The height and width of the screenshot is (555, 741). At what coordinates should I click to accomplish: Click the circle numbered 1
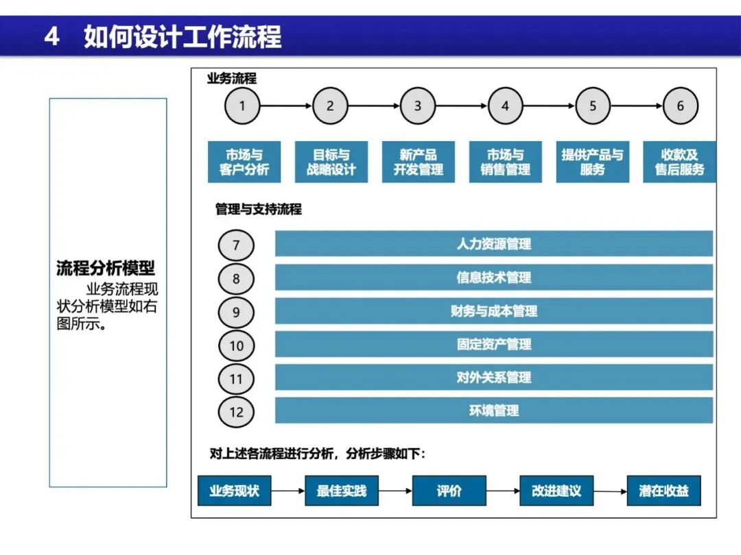pyautogui.click(x=242, y=106)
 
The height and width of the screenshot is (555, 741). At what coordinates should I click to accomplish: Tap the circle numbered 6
pyautogui.click(x=681, y=106)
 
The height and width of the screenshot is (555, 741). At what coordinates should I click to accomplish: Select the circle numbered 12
pyautogui.click(x=236, y=412)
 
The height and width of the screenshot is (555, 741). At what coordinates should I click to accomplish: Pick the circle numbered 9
pyautogui.click(x=236, y=312)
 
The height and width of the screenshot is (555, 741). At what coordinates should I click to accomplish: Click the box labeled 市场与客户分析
pyautogui.click(x=244, y=162)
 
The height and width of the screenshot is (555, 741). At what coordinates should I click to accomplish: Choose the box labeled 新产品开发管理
pyautogui.click(x=418, y=162)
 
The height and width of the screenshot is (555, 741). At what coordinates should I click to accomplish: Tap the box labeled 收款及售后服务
pyautogui.click(x=679, y=162)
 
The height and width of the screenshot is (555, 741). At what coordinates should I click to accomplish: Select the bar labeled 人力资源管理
pyautogui.click(x=494, y=244)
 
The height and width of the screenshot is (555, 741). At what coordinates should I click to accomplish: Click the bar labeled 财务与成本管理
pyautogui.click(x=494, y=311)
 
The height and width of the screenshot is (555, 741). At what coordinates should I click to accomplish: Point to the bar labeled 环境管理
pyautogui.click(x=494, y=411)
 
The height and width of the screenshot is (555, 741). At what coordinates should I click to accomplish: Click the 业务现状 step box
pyautogui.click(x=234, y=491)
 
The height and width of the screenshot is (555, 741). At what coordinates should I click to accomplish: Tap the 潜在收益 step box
pyautogui.click(x=663, y=491)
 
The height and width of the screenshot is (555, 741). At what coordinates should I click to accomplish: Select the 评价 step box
pyautogui.click(x=449, y=491)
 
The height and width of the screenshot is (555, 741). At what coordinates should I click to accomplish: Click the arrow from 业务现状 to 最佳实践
pyautogui.click(x=287, y=491)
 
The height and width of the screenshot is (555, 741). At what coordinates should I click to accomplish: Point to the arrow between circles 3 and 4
pyautogui.click(x=462, y=106)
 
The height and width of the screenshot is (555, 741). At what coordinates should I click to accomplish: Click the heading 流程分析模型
pyautogui.click(x=105, y=268)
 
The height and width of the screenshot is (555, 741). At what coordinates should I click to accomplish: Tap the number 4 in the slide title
pyautogui.click(x=51, y=36)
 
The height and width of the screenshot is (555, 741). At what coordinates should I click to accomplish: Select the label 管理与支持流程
pyautogui.click(x=258, y=209)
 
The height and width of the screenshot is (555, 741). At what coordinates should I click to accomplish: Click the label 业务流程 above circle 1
pyautogui.click(x=232, y=78)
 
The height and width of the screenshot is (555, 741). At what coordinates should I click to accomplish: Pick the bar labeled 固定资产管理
pyautogui.click(x=494, y=345)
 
